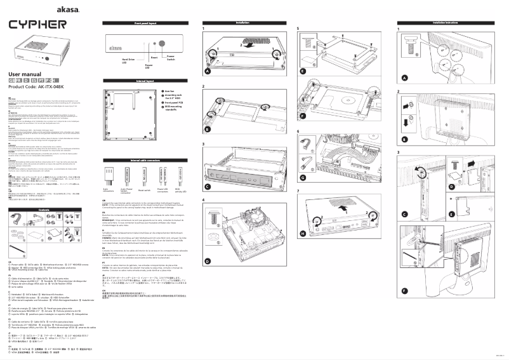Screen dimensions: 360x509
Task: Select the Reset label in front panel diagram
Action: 154,56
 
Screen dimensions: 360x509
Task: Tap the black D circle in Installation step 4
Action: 208,244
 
